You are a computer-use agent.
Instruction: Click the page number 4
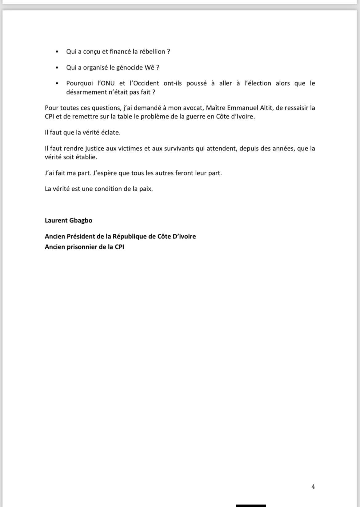click(x=313, y=486)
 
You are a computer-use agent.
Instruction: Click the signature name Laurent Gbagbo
click(x=69, y=220)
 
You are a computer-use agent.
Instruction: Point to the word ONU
click(x=107, y=83)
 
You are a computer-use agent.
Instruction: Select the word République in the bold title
click(x=130, y=236)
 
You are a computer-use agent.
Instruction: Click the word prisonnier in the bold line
click(x=78, y=247)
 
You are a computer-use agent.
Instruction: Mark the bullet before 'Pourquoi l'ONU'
click(x=57, y=83)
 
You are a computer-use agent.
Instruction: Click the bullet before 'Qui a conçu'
click(x=57, y=52)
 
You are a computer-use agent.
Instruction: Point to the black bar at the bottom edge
click(x=251, y=505)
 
